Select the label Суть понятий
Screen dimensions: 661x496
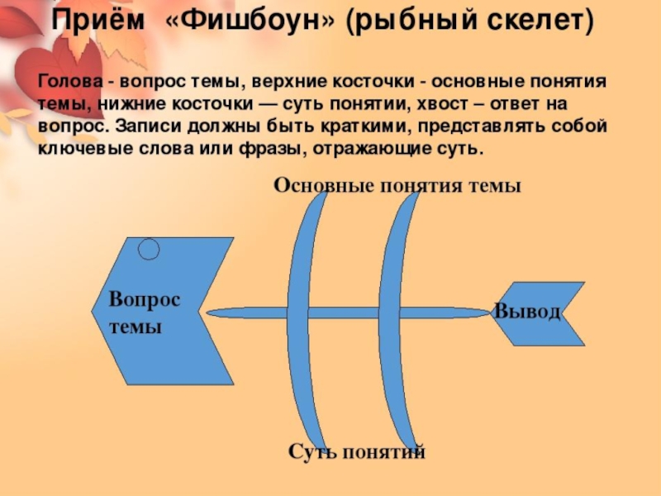click(x=356, y=451)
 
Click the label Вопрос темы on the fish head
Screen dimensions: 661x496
click(x=144, y=312)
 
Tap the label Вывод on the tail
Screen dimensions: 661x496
click(x=527, y=312)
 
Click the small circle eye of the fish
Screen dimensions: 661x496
click(x=149, y=248)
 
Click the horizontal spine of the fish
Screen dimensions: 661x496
click(x=248, y=313)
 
